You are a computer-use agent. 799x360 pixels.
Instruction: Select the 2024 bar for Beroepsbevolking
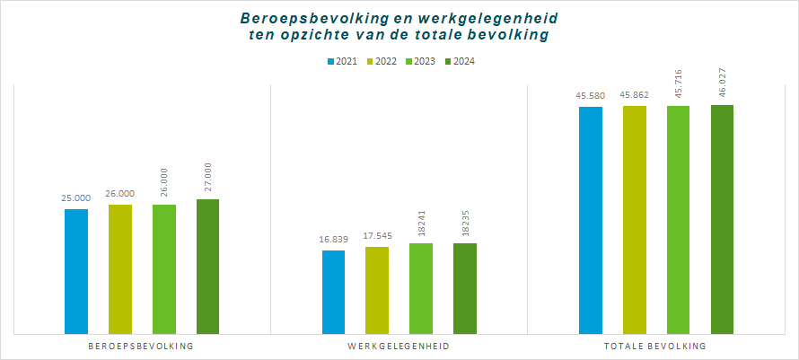click(x=208, y=266)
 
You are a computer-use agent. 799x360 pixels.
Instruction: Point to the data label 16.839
click(x=333, y=240)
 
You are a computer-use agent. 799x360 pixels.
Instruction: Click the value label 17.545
click(x=377, y=236)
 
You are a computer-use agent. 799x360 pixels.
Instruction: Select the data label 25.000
click(x=76, y=198)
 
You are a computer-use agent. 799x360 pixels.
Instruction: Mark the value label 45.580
click(x=591, y=96)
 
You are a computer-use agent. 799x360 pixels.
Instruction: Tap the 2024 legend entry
click(x=462, y=61)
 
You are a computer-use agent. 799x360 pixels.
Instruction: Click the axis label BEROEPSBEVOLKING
click(x=142, y=346)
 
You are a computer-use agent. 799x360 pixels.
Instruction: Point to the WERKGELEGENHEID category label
click(x=399, y=346)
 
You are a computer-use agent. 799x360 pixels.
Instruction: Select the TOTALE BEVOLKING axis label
click(x=656, y=346)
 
